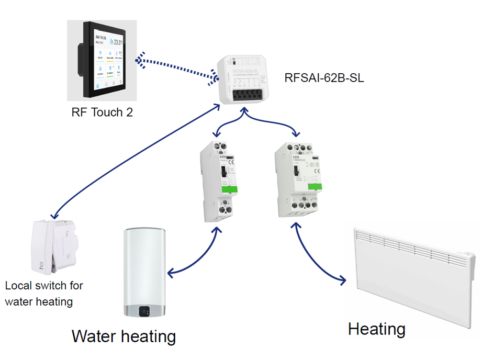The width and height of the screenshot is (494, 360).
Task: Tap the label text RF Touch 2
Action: click(102, 111)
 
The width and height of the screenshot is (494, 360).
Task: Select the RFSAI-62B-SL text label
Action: click(324, 79)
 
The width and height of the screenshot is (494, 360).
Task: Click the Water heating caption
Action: click(124, 336)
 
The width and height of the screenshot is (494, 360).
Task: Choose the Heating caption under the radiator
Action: click(376, 329)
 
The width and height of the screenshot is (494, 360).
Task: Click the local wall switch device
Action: click(54, 245)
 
